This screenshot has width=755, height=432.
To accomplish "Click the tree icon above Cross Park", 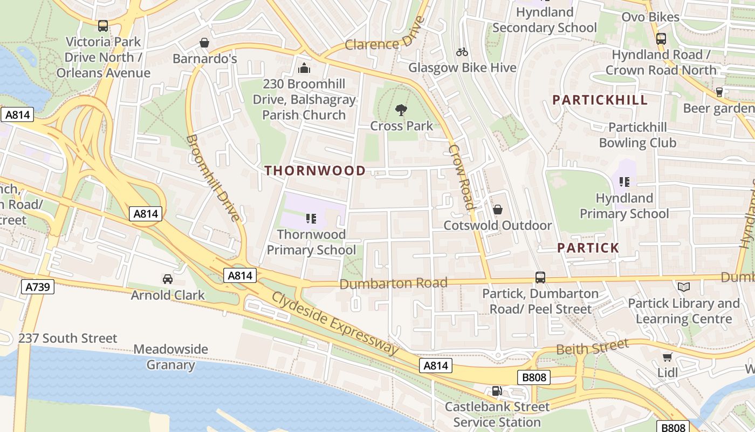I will [x=401, y=110].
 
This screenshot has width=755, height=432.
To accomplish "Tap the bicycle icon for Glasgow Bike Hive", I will [x=462, y=52].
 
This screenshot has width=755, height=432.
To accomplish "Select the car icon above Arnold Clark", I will [x=168, y=279].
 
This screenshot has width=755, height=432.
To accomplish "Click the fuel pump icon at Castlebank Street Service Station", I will [x=497, y=391].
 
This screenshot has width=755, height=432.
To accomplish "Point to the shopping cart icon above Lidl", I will [x=667, y=357].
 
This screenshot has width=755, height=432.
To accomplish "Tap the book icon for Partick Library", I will [x=684, y=287].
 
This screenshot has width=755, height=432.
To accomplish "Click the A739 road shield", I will [x=38, y=286].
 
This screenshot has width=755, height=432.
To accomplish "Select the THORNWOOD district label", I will [x=315, y=171].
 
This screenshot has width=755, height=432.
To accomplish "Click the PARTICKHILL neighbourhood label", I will [x=600, y=100].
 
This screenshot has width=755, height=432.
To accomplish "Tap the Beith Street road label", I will [x=592, y=347].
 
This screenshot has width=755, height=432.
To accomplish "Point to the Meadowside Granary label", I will [x=170, y=357].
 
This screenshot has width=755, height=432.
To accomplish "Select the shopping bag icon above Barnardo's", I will [x=204, y=43].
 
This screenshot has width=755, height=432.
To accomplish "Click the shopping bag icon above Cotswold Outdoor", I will [x=498, y=209].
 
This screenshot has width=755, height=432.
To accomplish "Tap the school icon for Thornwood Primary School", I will [x=311, y=219].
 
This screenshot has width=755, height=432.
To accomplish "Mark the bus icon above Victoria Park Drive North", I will [x=103, y=25].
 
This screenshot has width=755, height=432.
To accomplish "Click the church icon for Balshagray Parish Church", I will [x=304, y=68].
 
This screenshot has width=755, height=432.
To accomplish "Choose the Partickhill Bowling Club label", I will [x=637, y=135].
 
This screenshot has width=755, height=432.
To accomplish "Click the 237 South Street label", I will [x=67, y=339].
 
